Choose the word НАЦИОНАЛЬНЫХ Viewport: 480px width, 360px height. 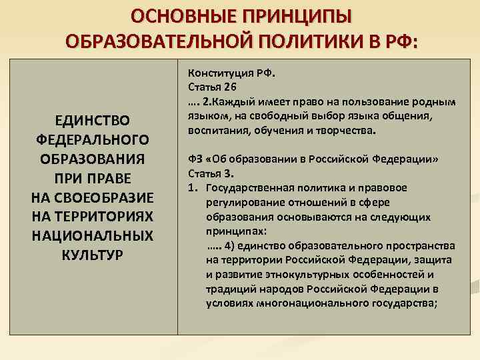tap(91, 236)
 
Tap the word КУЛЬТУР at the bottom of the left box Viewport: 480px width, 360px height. tap(91, 255)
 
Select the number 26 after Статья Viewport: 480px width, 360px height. tap(230, 87)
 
